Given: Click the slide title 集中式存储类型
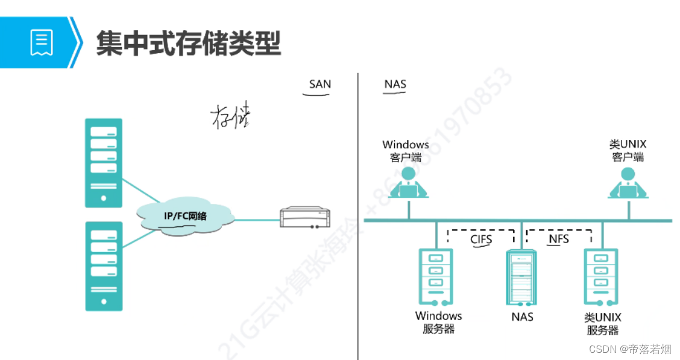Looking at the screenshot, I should (x=188, y=43).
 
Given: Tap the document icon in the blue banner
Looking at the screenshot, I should (x=42, y=42).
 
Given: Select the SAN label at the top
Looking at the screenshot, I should (x=320, y=84).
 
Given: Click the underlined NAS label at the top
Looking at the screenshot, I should (x=395, y=84).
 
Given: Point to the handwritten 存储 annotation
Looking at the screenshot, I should (x=230, y=117).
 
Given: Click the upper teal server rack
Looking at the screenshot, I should (x=104, y=163).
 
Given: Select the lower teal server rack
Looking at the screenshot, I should (x=104, y=266).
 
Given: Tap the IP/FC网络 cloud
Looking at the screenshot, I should (x=185, y=216).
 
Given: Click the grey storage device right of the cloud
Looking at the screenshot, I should (x=305, y=218).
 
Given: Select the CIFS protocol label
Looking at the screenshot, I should (x=481, y=239).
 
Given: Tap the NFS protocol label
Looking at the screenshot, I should (x=558, y=239).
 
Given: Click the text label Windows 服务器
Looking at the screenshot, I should (x=438, y=323).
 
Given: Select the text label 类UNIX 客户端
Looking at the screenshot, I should (x=628, y=151).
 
